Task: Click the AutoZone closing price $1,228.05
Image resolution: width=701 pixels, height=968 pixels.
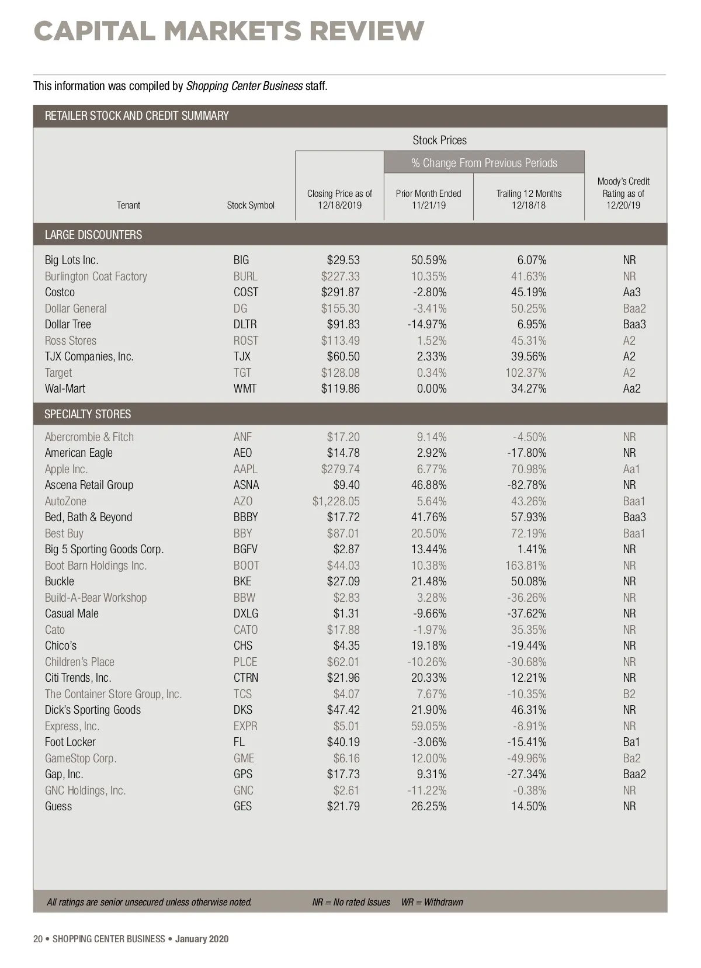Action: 336,501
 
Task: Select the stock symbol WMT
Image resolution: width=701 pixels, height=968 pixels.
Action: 245,388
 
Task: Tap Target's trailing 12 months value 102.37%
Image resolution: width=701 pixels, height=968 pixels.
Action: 526,373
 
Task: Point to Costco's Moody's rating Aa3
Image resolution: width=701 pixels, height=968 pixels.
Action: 631,292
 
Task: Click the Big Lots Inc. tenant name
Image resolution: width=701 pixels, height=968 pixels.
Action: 71,260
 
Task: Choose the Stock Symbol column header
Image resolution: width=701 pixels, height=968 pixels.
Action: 251,205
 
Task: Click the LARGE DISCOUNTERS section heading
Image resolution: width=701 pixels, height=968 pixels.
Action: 93,235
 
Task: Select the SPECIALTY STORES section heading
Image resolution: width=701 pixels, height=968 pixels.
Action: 88,414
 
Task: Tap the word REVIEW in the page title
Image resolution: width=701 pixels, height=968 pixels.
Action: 366,31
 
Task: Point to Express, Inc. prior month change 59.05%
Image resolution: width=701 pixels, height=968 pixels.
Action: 429,726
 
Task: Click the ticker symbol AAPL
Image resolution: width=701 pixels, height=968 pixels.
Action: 245,469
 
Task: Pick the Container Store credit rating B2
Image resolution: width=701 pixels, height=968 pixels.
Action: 629,694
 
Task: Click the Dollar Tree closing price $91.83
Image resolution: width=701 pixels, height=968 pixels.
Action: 343,324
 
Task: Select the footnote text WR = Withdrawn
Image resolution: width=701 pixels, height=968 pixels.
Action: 432,902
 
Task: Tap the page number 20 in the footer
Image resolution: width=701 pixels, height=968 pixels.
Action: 38,939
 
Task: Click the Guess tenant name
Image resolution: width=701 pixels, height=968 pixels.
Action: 58,806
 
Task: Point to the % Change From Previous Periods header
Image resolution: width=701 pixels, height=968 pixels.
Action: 484,163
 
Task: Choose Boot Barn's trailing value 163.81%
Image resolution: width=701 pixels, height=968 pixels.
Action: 526,565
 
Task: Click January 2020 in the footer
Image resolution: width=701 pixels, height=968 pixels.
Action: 202,939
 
